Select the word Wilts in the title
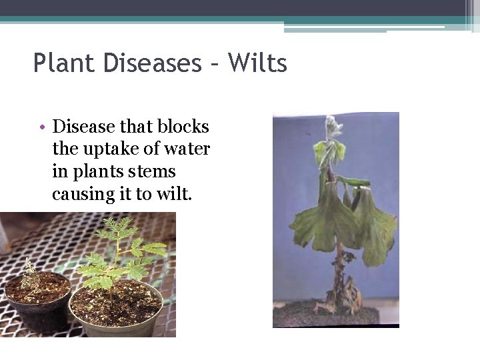(257, 64)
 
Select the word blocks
(185, 127)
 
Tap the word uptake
(105, 149)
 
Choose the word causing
(81, 194)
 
